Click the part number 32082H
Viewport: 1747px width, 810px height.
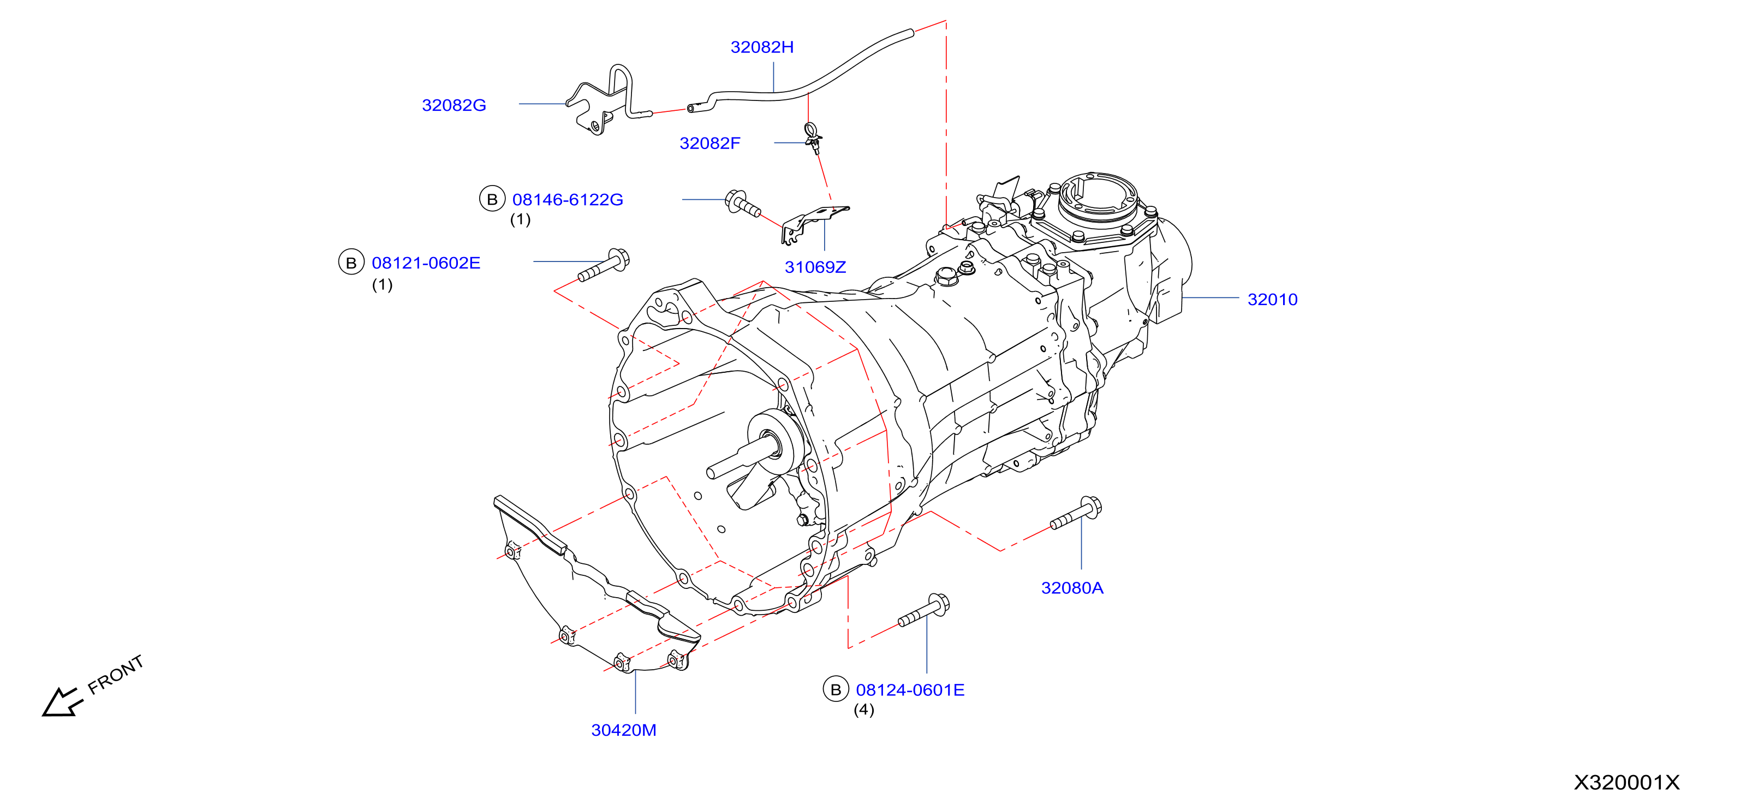tap(761, 47)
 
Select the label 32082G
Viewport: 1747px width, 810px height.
tap(454, 105)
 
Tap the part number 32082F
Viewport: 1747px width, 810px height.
tap(709, 143)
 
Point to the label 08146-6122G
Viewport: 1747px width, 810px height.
tap(567, 199)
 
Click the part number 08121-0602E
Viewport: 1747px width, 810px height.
tap(426, 263)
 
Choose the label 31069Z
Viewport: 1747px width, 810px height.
tap(815, 267)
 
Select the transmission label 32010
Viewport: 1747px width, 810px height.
tap(1272, 299)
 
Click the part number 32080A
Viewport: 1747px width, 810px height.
tap(1072, 588)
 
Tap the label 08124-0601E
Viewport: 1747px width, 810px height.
tap(910, 690)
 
